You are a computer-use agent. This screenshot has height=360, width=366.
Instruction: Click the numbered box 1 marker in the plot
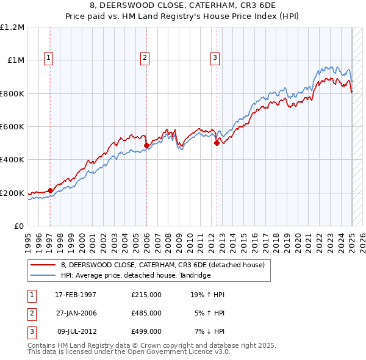click(x=48, y=58)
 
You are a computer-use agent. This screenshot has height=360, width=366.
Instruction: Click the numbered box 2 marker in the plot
click(x=145, y=58)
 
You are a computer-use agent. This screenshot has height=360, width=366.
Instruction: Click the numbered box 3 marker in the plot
click(x=215, y=58)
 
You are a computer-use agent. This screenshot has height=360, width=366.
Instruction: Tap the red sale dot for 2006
click(x=147, y=146)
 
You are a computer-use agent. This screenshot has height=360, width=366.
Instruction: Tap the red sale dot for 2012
click(x=217, y=143)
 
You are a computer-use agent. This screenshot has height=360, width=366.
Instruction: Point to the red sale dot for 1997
click(x=50, y=190)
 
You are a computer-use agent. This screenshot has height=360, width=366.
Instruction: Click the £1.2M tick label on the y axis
click(x=12, y=27)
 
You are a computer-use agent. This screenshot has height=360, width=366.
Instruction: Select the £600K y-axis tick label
click(x=12, y=126)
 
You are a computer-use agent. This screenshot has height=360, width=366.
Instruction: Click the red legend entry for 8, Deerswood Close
click(x=162, y=265)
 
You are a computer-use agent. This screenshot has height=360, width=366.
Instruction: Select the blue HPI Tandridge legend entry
click(x=135, y=275)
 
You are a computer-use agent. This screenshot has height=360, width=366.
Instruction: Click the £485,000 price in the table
click(x=146, y=313)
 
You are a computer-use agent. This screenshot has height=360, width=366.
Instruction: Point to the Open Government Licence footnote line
click(x=129, y=352)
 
